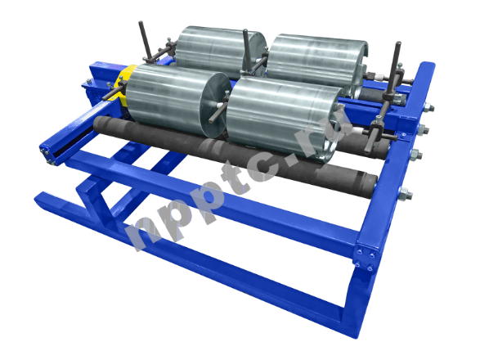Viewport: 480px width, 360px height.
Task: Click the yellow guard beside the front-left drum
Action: [123, 83]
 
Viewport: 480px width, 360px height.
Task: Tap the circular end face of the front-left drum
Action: [215, 104]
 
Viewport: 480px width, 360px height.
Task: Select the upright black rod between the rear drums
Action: [247, 51]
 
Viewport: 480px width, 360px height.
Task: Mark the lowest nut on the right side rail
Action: [405, 194]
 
